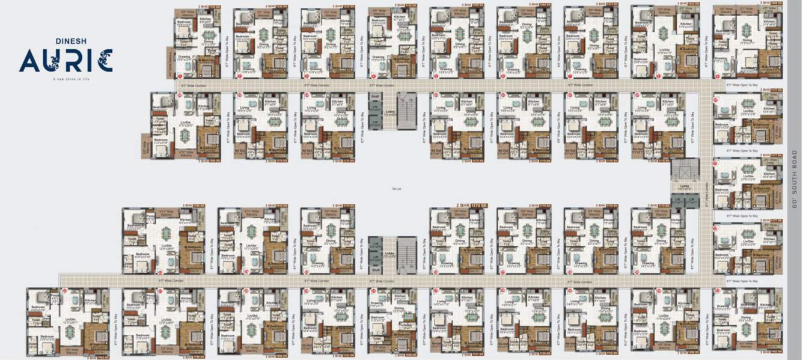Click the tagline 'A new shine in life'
pos(66,79)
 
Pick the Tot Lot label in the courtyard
pos(395,189)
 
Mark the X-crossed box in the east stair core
pos(685,169)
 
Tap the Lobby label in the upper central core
pos(389,111)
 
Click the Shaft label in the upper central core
pos(374,96)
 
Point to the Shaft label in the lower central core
pos(374,270)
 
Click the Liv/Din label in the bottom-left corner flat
pos(70,319)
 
